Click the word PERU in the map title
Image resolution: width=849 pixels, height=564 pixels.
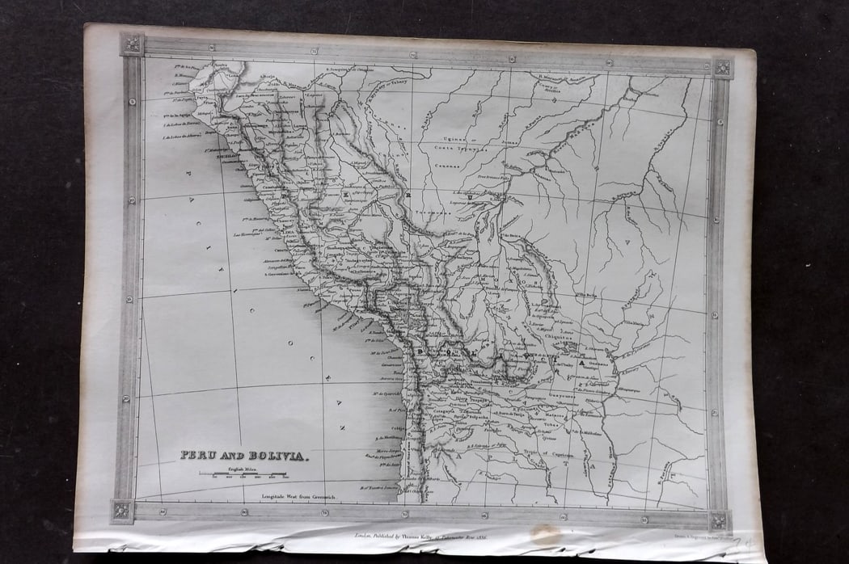click(x=197, y=455)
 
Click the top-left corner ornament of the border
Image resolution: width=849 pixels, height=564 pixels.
click(x=132, y=44)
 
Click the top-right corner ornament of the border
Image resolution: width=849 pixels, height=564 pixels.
click(x=721, y=68)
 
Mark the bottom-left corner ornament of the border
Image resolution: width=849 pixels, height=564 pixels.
click(x=122, y=511)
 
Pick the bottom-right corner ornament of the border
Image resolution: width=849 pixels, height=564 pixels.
click(x=719, y=520)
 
